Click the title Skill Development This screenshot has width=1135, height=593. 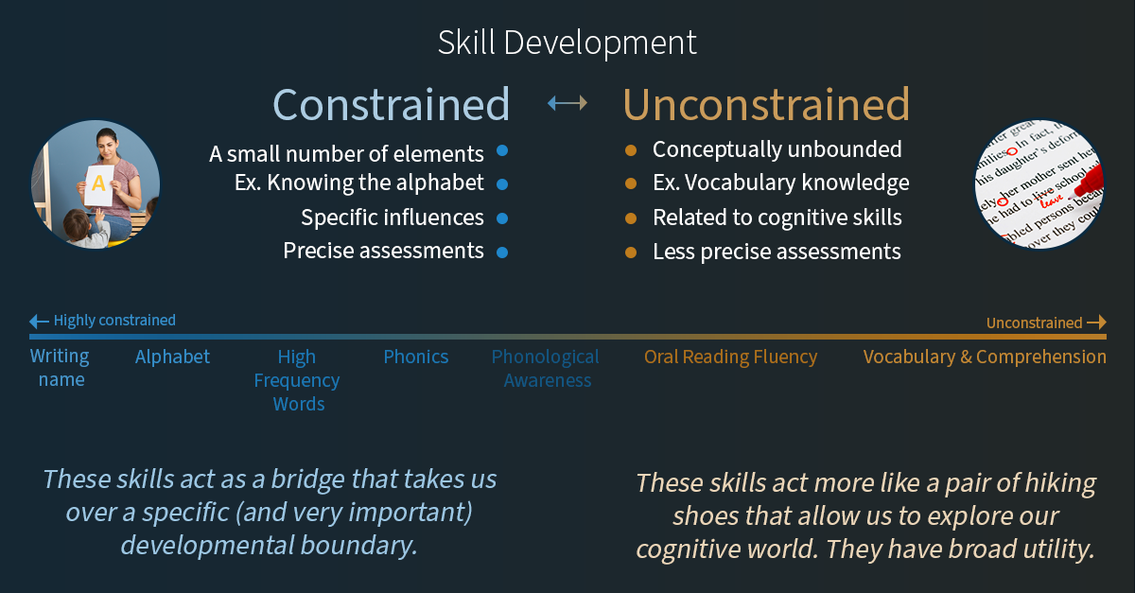[567, 43]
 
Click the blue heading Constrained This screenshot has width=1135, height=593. [392, 104]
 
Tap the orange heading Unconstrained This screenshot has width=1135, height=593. [766, 104]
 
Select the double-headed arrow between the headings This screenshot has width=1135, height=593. [567, 103]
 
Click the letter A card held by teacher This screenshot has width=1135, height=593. [99, 184]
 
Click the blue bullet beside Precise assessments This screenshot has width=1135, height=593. [502, 252]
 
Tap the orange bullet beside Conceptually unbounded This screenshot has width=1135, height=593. [631, 150]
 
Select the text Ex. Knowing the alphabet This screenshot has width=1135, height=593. [359, 183]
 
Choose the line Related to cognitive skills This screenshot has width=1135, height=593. [777, 218]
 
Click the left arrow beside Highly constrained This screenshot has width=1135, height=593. [39, 322]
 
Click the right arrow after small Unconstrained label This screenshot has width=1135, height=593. [1095, 323]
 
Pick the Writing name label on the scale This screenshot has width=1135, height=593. [61, 368]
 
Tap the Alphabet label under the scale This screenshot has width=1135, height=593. [172, 357]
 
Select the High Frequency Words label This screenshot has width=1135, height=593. [297, 380]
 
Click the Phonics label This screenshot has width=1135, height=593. [416, 357]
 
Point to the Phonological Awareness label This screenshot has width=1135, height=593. [546, 369]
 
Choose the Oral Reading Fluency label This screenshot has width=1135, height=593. [730, 357]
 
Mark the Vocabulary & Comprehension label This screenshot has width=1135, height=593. [985, 357]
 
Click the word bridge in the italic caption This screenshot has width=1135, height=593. [308, 479]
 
